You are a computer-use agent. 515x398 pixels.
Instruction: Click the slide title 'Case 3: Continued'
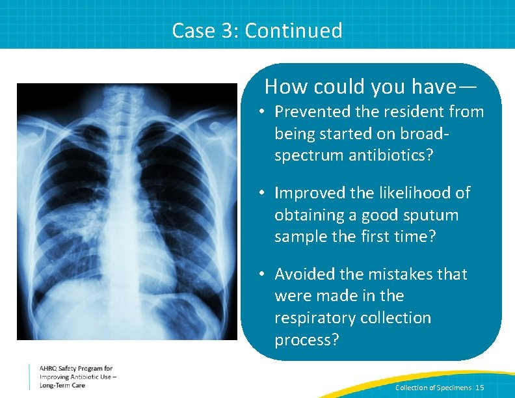(257, 31)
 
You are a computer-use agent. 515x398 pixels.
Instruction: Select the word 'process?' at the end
(307, 340)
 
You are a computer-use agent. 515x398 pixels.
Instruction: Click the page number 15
(480, 388)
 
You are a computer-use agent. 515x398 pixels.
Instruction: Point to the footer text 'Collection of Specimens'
(433, 388)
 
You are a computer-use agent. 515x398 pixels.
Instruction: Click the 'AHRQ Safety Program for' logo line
(76, 369)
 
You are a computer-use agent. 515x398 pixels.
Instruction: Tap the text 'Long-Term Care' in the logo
(62, 385)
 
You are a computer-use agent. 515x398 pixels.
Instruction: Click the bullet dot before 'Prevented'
(259, 112)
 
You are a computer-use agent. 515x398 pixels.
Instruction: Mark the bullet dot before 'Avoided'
(259, 274)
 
